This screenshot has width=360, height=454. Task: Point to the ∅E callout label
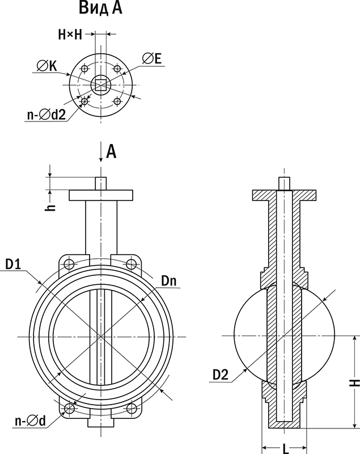tap(151, 58)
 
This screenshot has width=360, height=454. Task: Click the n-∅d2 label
tap(46, 115)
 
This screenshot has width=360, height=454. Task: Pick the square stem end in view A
tap(100, 85)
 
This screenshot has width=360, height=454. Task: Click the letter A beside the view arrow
tap(112, 150)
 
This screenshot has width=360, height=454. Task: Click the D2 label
tap(221, 375)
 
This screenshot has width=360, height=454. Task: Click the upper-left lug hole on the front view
tap(69, 264)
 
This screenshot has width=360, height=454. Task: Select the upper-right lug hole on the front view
tap(132, 264)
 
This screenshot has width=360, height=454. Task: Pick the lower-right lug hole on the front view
tap(132, 408)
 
